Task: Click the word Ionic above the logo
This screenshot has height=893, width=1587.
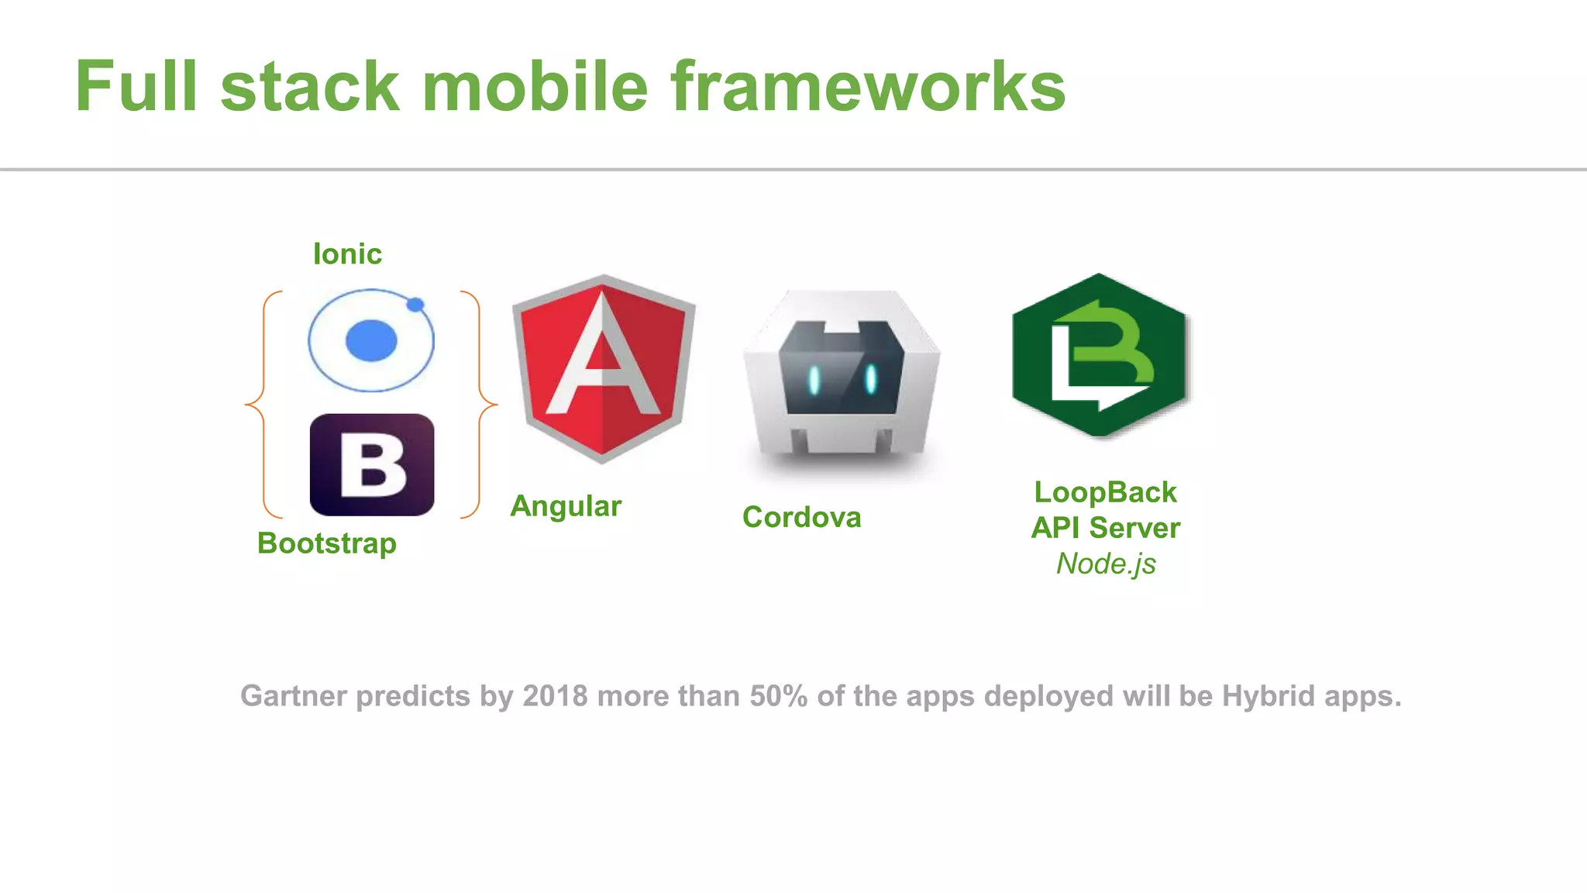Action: coord(347,254)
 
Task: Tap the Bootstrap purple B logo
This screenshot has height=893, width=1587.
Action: coord(372,465)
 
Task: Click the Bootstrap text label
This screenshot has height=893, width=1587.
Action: coord(327,543)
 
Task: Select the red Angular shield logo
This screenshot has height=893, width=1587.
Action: coord(604,368)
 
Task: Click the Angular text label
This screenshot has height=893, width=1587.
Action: coord(566,506)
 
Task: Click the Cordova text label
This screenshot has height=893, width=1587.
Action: coord(801,517)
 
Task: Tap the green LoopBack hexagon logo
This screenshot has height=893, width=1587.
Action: coord(1100,355)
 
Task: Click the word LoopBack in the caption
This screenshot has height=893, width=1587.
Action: coord(1105,492)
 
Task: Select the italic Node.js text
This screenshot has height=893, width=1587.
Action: coord(1106,564)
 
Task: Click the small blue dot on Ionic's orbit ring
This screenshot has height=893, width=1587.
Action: coord(415,305)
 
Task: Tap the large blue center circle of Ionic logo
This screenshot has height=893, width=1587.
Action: coord(371,340)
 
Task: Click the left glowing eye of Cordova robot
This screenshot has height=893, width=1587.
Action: coord(814,379)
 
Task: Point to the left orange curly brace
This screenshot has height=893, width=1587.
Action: coord(259,404)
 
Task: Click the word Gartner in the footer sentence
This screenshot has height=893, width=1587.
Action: coord(294,696)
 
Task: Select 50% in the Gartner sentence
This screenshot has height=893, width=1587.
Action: coord(778,696)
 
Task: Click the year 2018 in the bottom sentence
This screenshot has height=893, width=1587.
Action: coord(555,696)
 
